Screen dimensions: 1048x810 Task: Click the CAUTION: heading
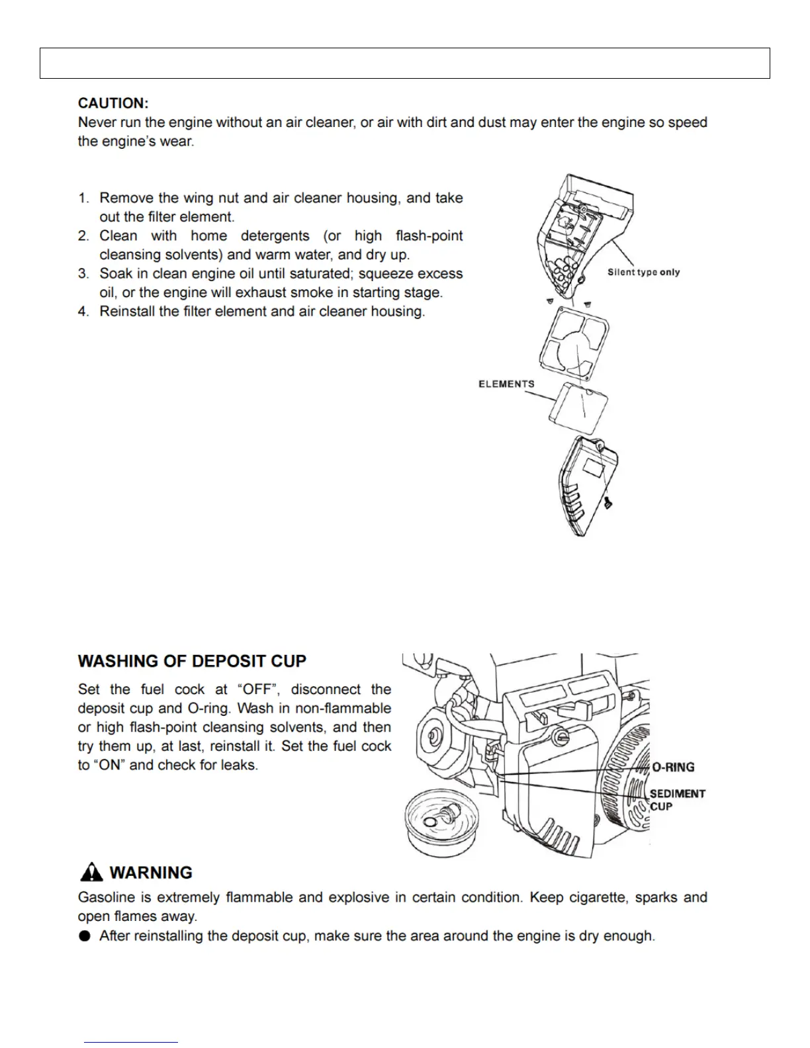tap(113, 103)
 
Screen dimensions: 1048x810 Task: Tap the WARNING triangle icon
tap(91, 873)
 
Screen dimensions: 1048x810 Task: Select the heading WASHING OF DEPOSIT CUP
tap(192, 661)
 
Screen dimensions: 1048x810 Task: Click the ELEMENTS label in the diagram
tap(506, 384)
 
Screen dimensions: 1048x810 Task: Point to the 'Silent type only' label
tap(643, 272)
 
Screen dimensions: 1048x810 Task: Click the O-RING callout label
tap(673, 767)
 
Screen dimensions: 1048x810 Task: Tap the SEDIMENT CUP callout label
tap(677, 799)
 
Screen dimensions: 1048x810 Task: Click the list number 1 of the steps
tap(83, 198)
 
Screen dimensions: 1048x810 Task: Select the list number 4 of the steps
tap(83, 312)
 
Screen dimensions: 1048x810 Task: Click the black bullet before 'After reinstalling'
tap(84, 936)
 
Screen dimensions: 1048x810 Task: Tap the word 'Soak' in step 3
tap(115, 274)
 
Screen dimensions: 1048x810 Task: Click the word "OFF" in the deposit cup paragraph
tap(257, 689)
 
